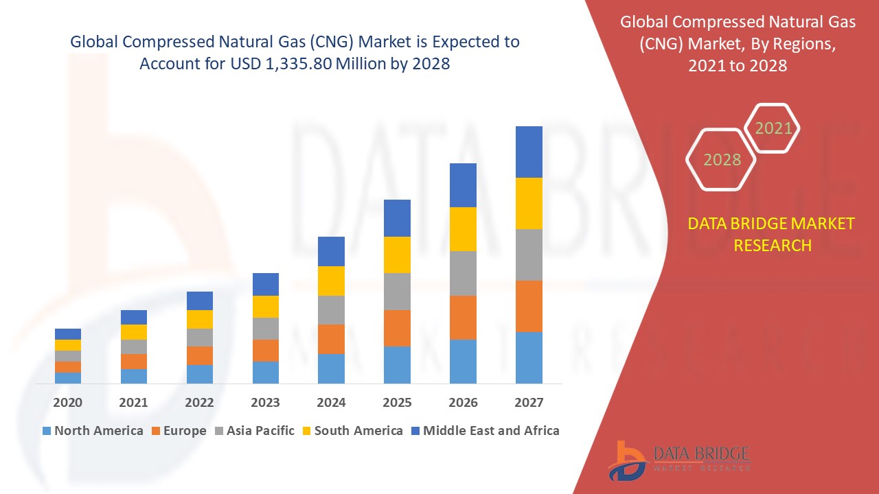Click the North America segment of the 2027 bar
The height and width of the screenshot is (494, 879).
[x=529, y=357]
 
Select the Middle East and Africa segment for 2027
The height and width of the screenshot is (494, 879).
[x=529, y=152]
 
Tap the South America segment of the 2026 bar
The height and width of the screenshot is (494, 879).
[x=463, y=228]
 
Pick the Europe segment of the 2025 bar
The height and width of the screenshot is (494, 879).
[x=397, y=328]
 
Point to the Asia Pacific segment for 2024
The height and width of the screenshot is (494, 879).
[x=331, y=310]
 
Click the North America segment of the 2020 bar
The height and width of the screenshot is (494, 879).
[x=68, y=377]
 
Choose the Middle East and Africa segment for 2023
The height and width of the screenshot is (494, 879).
[x=266, y=284]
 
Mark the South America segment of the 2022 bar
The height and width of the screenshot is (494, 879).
[x=200, y=319]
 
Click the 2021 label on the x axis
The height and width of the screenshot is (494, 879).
[x=133, y=402]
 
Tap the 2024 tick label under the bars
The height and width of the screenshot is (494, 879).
[x=331, y=402]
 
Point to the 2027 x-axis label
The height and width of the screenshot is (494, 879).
[x=529, y=402]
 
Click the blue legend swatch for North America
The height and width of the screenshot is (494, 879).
[x=47, y=432]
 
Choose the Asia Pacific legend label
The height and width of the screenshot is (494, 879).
[x=260, y=431]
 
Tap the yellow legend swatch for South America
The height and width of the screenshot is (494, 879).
[x=306, y=432]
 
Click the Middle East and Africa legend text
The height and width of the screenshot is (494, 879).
[x=491, y=431]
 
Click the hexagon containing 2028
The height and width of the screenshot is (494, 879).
[x=721, y=159]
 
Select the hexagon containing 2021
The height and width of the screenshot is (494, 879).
[x=773, y=128]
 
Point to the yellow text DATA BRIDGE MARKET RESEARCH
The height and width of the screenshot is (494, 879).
[x=773, y=234]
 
